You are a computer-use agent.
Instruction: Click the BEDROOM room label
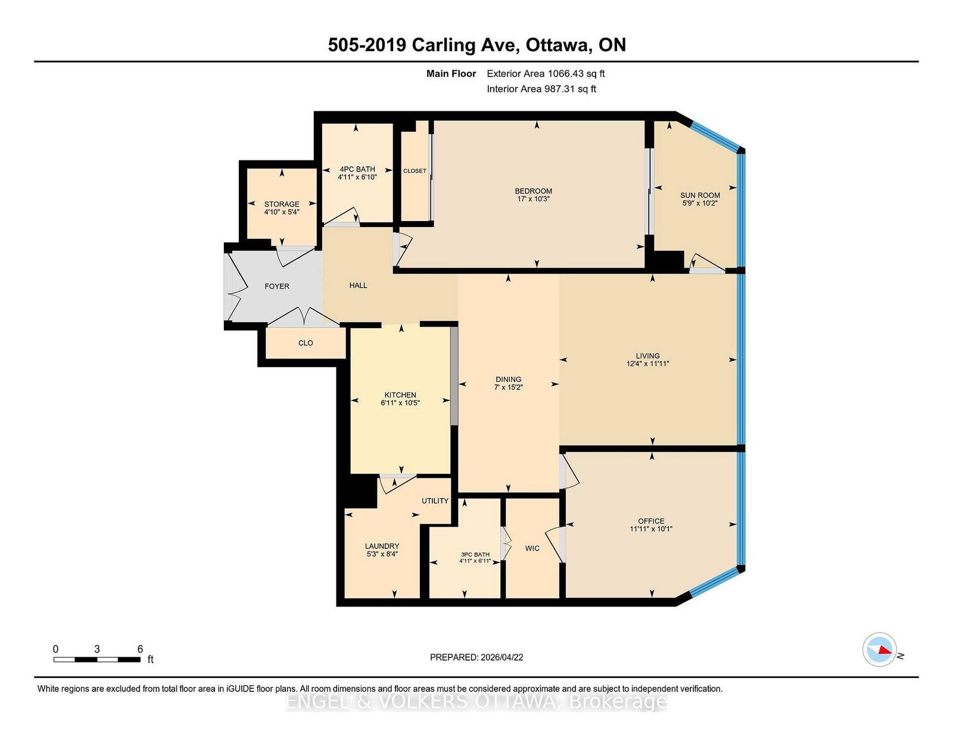[533, 191]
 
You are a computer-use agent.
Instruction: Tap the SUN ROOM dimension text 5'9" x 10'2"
[700, 203]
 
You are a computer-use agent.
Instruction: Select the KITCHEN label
[400, 395]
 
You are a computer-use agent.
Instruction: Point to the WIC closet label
[532, 548]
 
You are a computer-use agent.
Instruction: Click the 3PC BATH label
[475, 555]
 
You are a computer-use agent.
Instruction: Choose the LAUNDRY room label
[382, 546]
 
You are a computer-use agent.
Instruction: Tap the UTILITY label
[435, 500]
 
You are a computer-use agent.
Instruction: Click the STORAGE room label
[282, 204]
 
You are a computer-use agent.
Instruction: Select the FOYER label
[277, 287]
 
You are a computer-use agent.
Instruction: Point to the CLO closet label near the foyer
[306, 343]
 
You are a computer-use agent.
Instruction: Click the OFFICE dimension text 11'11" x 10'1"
[651, 529]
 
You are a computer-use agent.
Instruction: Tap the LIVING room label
[647, 356]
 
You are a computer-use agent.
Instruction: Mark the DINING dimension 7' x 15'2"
[508, 387]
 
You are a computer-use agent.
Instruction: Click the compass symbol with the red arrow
[879, 649]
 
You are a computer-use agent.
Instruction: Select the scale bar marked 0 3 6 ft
[97, 659]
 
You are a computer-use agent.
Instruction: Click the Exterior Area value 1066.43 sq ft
[576, 74]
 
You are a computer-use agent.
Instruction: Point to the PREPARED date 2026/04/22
[501, 657]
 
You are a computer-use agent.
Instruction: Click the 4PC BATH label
[357, 169]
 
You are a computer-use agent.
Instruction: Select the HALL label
[358, 285]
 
